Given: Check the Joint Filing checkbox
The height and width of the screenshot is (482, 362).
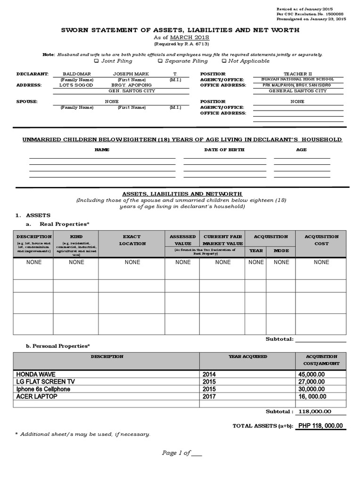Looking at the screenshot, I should coord(97,61).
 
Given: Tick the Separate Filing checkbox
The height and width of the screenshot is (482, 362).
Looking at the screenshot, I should coord(160,61).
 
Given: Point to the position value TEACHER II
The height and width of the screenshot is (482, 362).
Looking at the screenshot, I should coord(298,74).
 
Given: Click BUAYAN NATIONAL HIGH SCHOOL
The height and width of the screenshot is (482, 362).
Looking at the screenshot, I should coord(298,80).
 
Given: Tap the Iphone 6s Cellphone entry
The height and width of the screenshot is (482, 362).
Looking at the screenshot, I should coord(43,389).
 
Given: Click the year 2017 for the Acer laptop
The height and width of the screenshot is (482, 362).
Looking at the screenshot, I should coord(209,397).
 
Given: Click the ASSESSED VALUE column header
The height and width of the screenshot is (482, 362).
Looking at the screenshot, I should coord(182,240).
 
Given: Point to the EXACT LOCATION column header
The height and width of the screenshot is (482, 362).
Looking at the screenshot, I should coord(132,240).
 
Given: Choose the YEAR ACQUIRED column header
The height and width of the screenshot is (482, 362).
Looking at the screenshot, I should coord(247,357).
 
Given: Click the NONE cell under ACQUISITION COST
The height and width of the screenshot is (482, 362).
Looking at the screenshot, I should coord(321,262).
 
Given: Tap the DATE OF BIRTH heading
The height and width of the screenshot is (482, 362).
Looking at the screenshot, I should coord(224,150).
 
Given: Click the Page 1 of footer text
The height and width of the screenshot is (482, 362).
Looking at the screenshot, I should coord(181,453).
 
